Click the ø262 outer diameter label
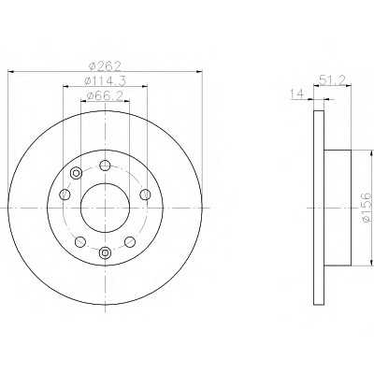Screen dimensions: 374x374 tap(105, 66)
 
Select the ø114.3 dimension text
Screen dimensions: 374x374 tap(105, 80)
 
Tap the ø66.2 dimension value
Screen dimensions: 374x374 tap(105, 96)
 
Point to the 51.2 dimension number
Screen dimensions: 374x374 tap(333, 81)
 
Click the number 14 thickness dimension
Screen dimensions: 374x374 tap(296, 94)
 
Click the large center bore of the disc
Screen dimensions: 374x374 tap(105, 208)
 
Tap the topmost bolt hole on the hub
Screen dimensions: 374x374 tap(105, 165)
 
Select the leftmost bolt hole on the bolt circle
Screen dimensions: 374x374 tap(65, 194)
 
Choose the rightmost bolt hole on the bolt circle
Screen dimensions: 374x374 tap(145, 194)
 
